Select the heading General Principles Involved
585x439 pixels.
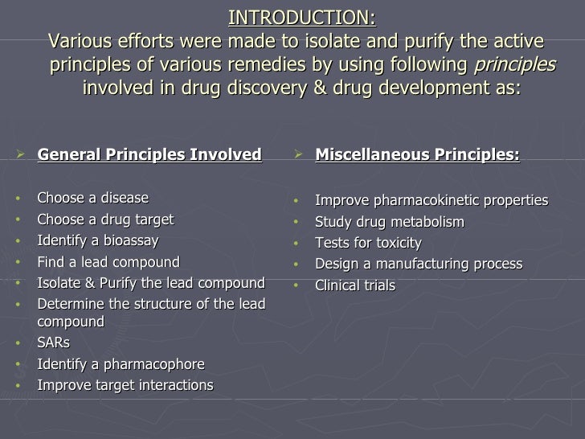click(x=149, y=154)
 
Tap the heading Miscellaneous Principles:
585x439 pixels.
click(x=418, y=154)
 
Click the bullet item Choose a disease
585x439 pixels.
click(x=93, y=199)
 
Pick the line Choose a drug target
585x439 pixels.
click(x=105, y=219)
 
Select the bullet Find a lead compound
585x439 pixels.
click(x=108, y=261)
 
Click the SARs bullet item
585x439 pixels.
click(x=54, y=343)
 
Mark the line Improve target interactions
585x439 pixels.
click(x=125, y=385)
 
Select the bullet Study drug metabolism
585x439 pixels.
click(x=390, y=221)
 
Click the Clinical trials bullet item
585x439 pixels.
click(x=355, y=285)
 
